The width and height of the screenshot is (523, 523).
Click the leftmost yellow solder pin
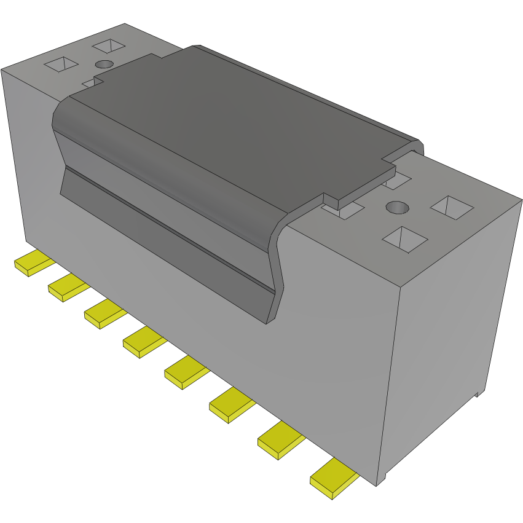(x=31, y=264)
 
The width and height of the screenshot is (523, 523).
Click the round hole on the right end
(x=398, y=208)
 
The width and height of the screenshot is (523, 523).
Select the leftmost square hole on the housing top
(x=61, y=64)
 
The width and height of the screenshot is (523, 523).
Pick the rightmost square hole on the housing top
(x=452, y=207)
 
